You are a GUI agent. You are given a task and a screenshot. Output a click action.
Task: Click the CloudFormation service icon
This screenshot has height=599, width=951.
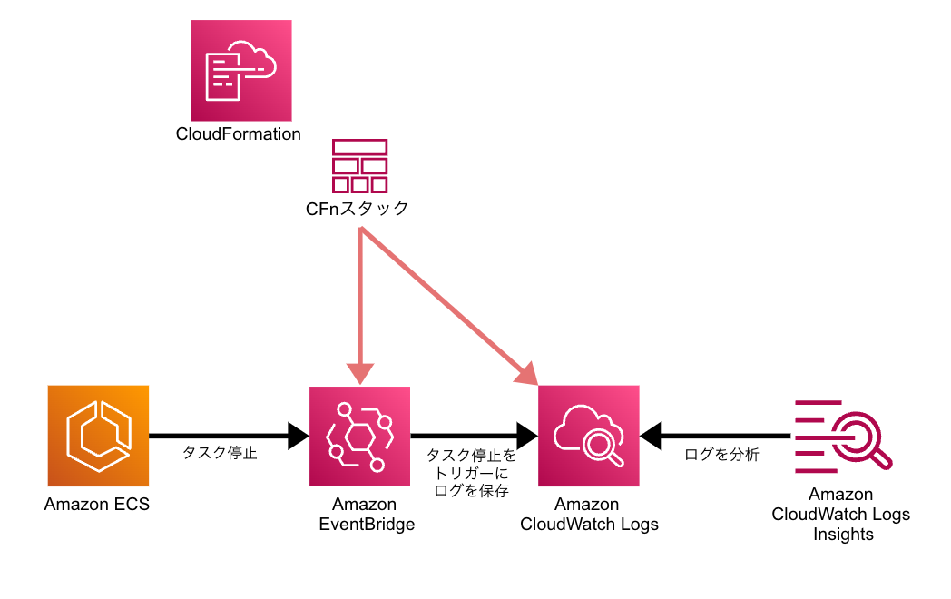coord(241,70)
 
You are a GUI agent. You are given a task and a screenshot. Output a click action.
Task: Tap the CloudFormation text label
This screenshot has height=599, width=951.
coord(239,134)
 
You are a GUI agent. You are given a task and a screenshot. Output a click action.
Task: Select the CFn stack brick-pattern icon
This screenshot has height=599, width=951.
coord(360,166)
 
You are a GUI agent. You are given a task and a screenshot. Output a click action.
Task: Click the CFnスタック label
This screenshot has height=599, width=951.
coord(357,209)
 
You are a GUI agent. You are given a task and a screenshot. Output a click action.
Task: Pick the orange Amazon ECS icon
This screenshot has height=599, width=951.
coord(98,436)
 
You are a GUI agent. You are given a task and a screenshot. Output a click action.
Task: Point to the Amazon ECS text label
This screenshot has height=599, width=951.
coord(97,504)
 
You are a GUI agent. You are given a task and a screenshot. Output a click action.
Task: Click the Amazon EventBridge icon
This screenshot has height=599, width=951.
coord(360,437)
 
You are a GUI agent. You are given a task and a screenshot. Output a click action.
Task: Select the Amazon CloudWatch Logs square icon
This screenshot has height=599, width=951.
coord(589,437)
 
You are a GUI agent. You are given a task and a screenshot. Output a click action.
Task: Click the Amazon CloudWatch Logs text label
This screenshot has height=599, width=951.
coord(589,515)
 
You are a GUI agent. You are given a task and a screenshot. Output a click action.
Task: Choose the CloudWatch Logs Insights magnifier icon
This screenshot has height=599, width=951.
coord(843,437)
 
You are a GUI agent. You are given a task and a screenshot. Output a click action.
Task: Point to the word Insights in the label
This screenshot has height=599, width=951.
coord(843,535)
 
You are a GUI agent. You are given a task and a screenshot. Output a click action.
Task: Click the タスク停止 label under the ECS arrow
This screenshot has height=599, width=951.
coord(221,455)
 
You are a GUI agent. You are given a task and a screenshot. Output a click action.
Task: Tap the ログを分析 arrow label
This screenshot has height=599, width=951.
coord(721,455)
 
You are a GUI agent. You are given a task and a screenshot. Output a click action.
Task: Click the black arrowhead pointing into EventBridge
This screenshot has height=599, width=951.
coord(299,437)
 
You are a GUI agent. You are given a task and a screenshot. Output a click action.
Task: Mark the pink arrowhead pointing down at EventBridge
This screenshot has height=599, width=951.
coord(360,373)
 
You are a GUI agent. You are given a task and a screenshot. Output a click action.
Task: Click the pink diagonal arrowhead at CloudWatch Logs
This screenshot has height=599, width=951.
coord(525,373)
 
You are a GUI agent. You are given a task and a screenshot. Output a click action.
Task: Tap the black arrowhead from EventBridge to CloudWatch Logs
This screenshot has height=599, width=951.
coord(527,437)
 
